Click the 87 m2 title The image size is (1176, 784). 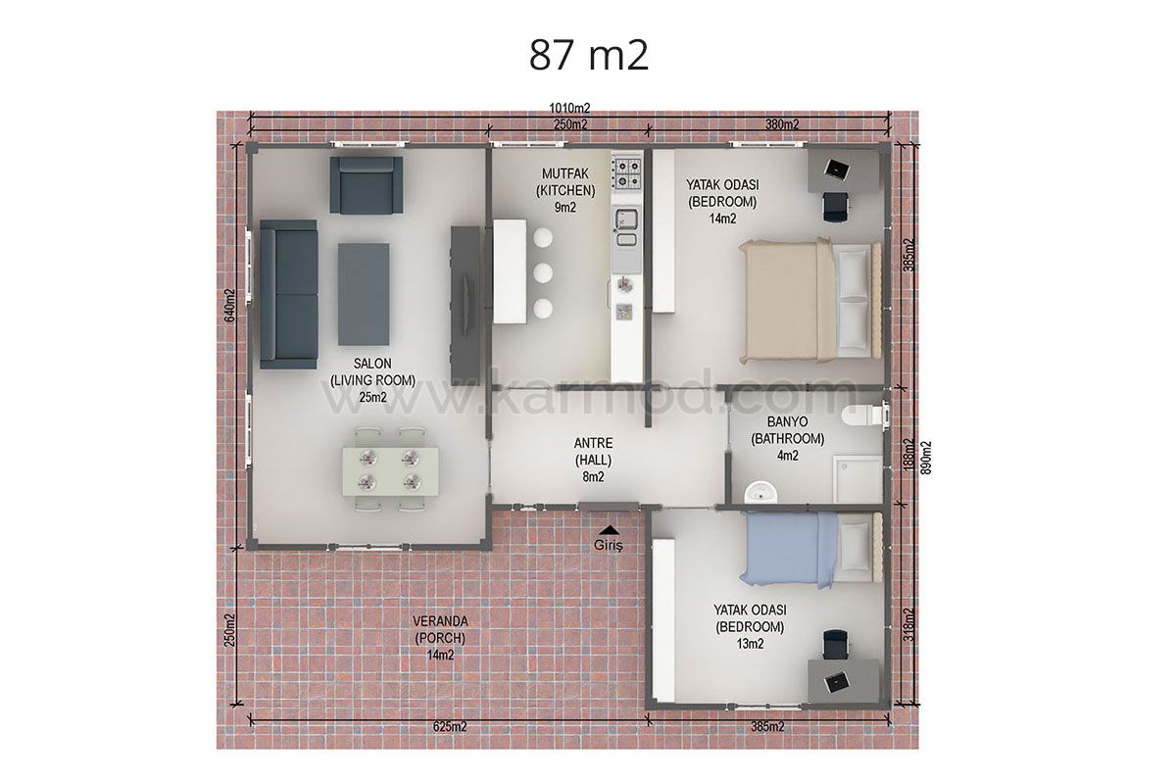[x=589, y=55]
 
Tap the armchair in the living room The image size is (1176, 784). [x=366, y=185]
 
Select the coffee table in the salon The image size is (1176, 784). [x=364, y=294]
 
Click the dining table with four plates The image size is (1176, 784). [x=391, y=471]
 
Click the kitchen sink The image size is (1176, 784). [x=626, y=219]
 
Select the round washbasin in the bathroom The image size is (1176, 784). [x=760, y=493]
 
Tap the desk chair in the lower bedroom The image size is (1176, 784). [x=835, y=644]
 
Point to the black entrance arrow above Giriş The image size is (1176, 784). [x=609, y=529]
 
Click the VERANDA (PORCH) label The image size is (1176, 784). [x=440, y=629]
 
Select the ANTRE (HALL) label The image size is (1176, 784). [x=593, y=452]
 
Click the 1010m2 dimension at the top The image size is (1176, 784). [x=569, y=108]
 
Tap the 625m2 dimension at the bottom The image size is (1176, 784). [x=450, y=726]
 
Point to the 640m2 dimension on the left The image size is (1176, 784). [x=230, y=306]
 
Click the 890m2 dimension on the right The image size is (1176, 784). [x=926, y=458]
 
